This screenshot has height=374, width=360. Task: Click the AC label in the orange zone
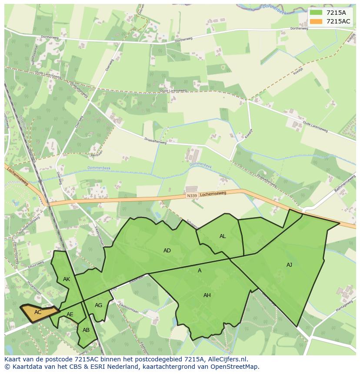38,312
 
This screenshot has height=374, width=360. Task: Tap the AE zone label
70,314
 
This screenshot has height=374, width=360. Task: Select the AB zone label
86,330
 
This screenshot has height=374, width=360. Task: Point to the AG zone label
99,305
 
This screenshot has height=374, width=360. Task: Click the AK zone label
67,279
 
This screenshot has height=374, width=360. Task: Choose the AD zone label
167,251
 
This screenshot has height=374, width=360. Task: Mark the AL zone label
223,236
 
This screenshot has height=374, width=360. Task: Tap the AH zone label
207,295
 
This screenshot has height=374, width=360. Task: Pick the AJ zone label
289,265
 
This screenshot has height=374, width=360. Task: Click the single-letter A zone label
200,271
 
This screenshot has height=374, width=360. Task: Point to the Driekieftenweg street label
155,140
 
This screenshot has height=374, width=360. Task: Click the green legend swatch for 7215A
316,13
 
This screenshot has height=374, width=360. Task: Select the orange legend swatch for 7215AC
316,22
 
